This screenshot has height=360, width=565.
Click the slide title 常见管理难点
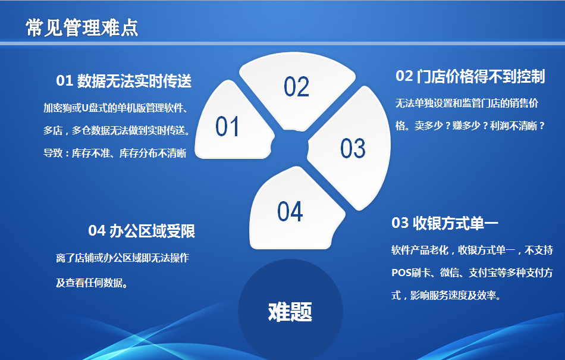point(82,28)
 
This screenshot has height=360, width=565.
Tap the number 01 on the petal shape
point(227,127)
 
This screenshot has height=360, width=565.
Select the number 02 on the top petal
point(296,87)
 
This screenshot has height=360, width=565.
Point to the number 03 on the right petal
point(353,148)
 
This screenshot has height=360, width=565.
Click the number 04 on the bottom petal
point(290,211)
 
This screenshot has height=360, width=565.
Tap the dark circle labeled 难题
point(290,311)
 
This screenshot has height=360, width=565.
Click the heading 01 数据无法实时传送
point(124,81)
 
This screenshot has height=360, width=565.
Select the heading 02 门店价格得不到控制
point(470,76)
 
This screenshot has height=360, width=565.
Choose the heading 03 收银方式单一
point(445,223)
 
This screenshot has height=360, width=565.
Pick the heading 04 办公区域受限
point(142,231)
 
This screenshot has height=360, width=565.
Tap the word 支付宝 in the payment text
point(483,273)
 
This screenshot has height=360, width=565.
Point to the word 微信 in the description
point(450,273)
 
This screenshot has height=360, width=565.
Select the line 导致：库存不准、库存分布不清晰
point(115,153)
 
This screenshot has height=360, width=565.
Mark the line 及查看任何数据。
point(92,283)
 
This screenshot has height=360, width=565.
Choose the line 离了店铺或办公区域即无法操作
point(123,258)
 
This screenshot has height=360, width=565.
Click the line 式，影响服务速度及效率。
point(447,296)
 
